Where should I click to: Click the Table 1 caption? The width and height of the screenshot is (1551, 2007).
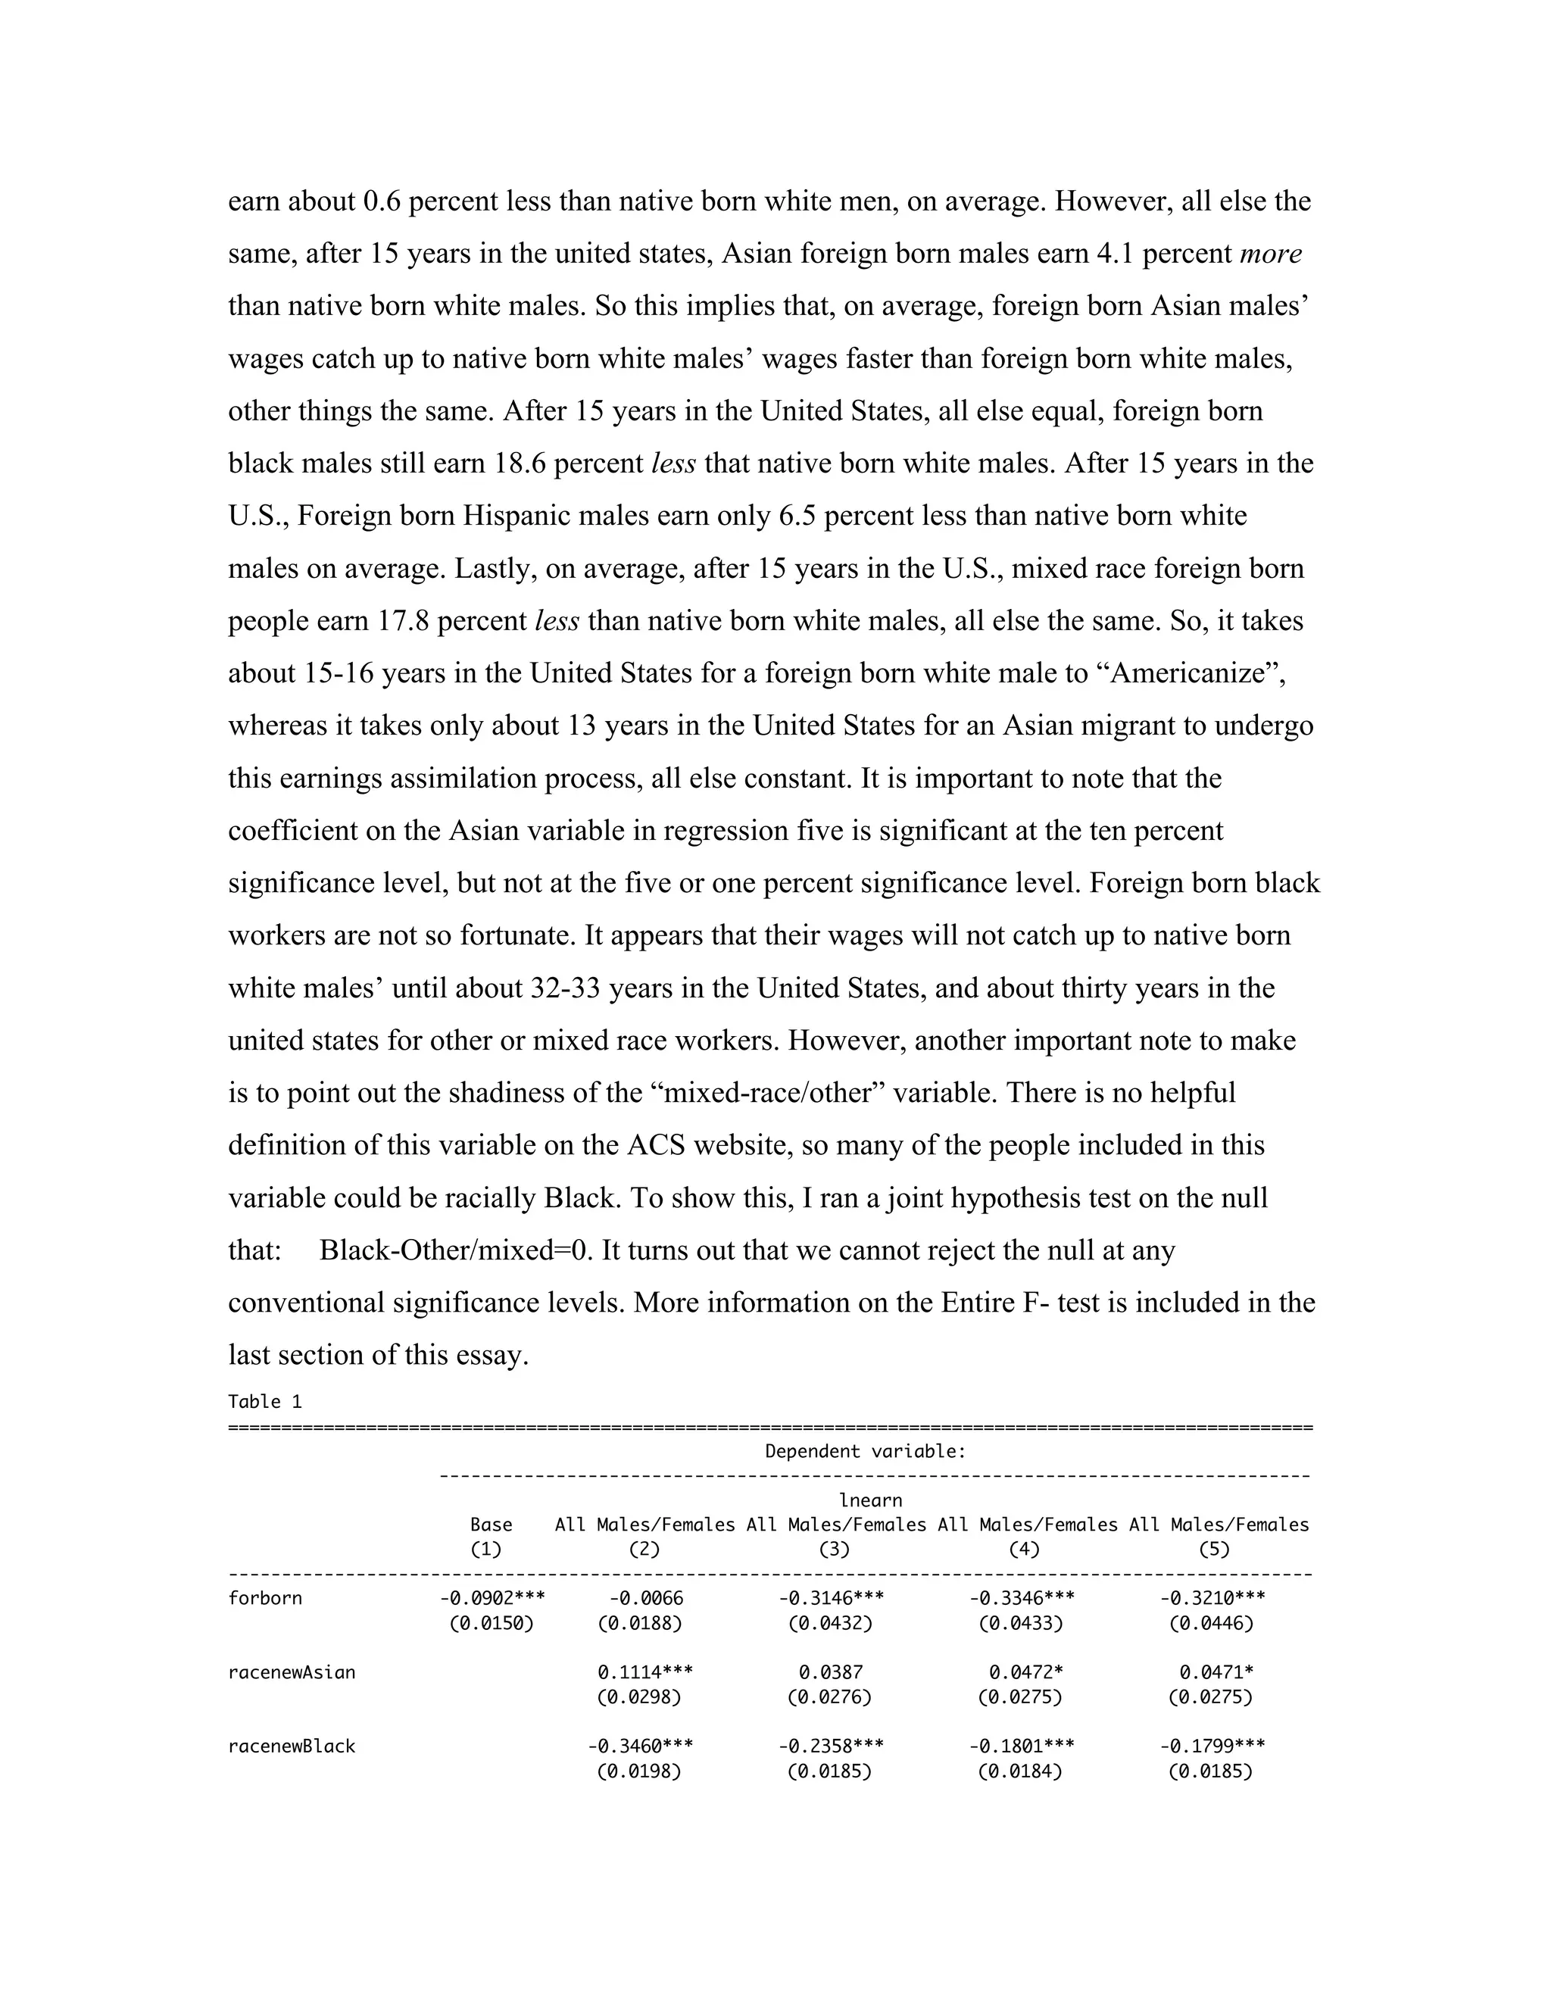(264, 1401)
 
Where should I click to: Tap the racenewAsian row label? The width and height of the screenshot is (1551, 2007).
(292, 1672)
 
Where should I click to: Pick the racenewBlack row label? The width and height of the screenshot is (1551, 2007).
(292, 1746)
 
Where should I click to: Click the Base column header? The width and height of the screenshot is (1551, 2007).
(491, 1525)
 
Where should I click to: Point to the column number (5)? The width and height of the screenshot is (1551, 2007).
(1213, 1550)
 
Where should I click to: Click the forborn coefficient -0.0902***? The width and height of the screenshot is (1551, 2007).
(492, 1598)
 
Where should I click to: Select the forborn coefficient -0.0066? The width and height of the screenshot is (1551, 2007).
(645, 1598)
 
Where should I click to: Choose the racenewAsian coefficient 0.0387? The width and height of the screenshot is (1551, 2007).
(831, 1672)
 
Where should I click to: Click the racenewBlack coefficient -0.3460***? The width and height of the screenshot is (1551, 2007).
(641, 1746)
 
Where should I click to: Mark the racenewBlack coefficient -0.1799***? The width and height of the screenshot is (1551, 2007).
(1212, 1746)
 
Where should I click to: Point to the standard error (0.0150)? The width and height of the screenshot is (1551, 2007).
(492, 1624)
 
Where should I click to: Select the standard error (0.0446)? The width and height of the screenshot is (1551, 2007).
(1211, 1624)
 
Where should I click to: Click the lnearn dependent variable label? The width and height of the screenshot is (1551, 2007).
(870, 1500)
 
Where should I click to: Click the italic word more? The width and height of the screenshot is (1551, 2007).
(1271, 254)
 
